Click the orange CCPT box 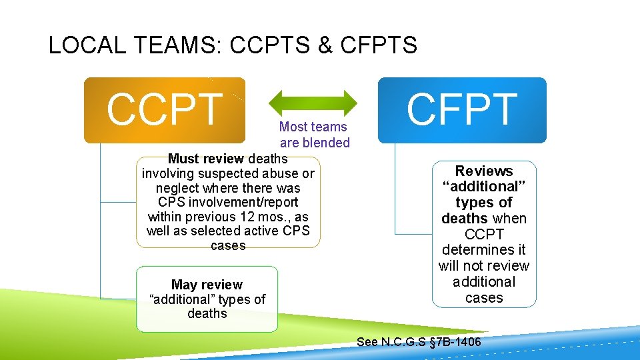[164, 110]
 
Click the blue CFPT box [462, 110]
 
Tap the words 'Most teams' [313, 127]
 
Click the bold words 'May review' [207, 285]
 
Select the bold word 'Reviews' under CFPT [484, 171]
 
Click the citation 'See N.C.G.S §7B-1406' [419, 342]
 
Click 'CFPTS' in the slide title [378, 45]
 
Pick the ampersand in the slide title [325, 45]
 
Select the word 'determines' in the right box [484, 250]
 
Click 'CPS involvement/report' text [228, 202]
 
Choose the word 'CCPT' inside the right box [484, 235]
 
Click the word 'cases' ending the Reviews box [484, 297]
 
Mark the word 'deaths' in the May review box [207, 313]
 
